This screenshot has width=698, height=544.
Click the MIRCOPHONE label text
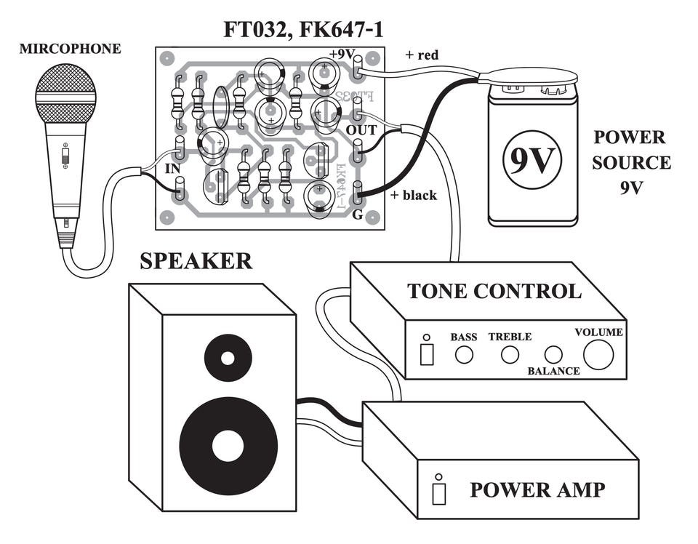(x=70, y=49)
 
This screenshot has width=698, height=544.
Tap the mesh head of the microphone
(x=66, y=92)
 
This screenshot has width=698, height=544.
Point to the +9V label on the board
(x=342, y=55)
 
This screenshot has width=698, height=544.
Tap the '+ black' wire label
(x=414, y=195)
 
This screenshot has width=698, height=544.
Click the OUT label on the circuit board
(x=361, y=130)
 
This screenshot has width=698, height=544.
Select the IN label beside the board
(x=173, y=169)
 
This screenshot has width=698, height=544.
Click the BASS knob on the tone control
(x=464, y=354)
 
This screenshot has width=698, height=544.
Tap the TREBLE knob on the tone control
(x=510, y=354)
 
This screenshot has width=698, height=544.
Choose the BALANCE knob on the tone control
(x=554, y=354)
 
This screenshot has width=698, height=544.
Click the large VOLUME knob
(x=598, y=354)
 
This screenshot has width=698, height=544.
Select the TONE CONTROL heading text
(x=494, y=291)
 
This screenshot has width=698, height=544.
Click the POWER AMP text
(x=537, y=489)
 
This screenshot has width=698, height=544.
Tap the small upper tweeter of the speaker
(x=228, y=358)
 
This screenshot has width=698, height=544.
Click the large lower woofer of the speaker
(x=228, y=445)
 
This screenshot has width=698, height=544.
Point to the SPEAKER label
(x=196, y=261)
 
